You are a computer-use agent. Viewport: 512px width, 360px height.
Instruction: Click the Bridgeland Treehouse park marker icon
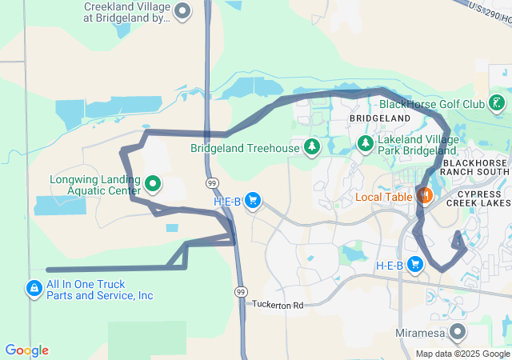click(x=311, y=147)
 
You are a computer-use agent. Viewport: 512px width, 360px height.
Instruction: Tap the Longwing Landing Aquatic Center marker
click(x=152, y=184)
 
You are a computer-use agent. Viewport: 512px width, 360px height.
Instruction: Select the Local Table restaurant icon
click(x=424, y=195)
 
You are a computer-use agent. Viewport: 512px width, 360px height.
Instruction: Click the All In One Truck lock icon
click(x=34, y=289)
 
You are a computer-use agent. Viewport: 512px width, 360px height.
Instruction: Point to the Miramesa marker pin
click(x=458, y=331)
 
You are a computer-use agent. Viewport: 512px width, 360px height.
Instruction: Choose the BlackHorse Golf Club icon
click(x=497, y=103)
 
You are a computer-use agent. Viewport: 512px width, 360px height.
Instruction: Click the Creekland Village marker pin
click(x=182, y=12)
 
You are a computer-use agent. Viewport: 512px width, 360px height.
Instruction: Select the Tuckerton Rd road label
click(x=278, y=305)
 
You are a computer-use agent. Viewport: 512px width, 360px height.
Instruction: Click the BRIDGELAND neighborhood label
click(x=379, y=118)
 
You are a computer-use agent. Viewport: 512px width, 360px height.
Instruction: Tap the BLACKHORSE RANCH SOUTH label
click(x=474, y=166)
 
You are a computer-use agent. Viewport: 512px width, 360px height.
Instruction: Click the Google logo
click(x=26, y=350)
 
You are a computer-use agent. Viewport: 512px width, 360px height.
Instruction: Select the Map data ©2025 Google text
click(x=462, y=354)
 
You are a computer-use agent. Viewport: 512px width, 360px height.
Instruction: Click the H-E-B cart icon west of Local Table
click(x=253, y=201)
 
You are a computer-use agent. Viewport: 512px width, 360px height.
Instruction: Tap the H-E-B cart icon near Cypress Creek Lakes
click(x=414, y=265)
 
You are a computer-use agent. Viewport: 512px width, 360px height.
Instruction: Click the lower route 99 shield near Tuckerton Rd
click(x=241, y=293)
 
